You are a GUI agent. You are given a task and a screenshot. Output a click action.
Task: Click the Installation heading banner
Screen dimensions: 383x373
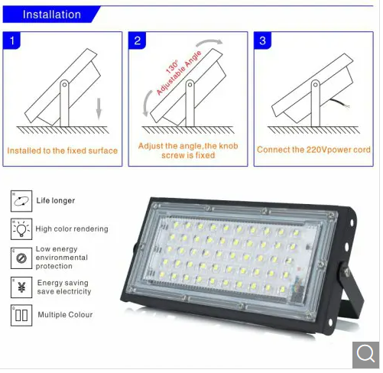[51, 15]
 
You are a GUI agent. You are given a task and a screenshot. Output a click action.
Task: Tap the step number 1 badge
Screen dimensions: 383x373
[11, 41]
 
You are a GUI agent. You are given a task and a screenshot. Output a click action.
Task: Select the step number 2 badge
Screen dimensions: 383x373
[137, 41]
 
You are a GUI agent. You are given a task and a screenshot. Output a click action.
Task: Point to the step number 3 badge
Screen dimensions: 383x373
[262, 41]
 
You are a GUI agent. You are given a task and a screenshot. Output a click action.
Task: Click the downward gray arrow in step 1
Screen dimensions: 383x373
[99, 109]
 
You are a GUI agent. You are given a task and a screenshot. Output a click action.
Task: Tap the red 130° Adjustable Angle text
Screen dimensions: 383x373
[178, 73]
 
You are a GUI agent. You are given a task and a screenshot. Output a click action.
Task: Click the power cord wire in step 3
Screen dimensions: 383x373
[339, 102]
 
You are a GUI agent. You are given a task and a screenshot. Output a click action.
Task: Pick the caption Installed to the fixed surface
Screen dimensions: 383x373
[63, 151]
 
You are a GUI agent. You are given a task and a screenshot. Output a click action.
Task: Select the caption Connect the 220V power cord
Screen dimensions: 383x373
[313, 150]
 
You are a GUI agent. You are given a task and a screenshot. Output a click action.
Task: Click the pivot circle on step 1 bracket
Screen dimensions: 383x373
[64, 84]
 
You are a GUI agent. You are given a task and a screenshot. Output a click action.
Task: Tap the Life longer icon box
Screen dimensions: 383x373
[21, 201]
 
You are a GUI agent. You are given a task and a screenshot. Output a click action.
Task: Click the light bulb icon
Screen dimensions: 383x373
[21, 229]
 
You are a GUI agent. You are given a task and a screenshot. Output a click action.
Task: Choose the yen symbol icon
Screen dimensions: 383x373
[21, 287]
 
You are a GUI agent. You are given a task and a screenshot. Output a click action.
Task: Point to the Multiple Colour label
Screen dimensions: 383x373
[65, 315]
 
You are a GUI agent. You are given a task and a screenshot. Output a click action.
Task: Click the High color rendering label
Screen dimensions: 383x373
[72, 229]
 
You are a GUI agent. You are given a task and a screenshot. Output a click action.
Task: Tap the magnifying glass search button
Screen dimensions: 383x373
[365, 355]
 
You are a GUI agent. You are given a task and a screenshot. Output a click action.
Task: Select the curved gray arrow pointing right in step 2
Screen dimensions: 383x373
[209, 42]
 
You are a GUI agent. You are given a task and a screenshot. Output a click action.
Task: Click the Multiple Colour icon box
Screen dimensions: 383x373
[21, 316]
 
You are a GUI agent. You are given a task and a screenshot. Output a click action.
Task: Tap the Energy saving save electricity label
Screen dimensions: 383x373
[64, 287]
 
